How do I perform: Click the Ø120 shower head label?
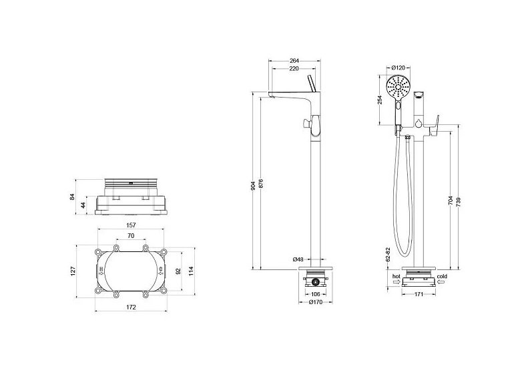(x=398, y=68)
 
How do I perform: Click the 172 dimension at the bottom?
(x=131, y=307)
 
